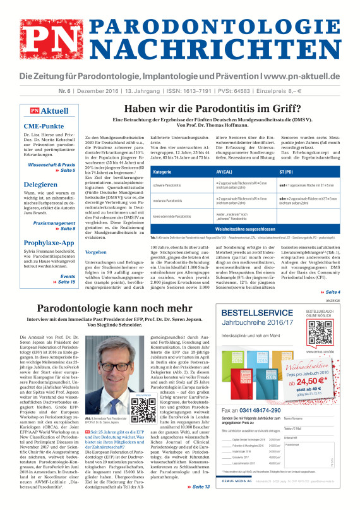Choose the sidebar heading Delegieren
coord(41,186)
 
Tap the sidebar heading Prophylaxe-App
coord(49,243)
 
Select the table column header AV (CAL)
coord(224,173)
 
